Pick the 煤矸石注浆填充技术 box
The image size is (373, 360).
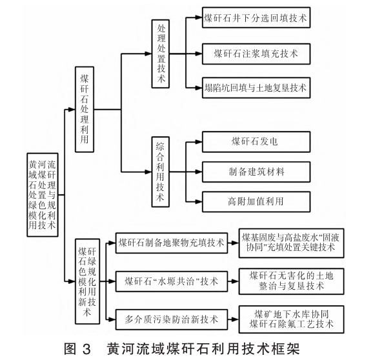click(257, 51)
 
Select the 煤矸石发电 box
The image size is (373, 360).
click(257, 140)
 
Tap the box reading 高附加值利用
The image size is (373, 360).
click(257, 200)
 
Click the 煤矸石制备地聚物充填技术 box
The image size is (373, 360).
click(171, 243)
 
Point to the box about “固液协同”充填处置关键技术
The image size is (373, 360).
click(288, 243)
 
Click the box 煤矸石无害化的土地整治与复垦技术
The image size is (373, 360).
click(288, 281)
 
